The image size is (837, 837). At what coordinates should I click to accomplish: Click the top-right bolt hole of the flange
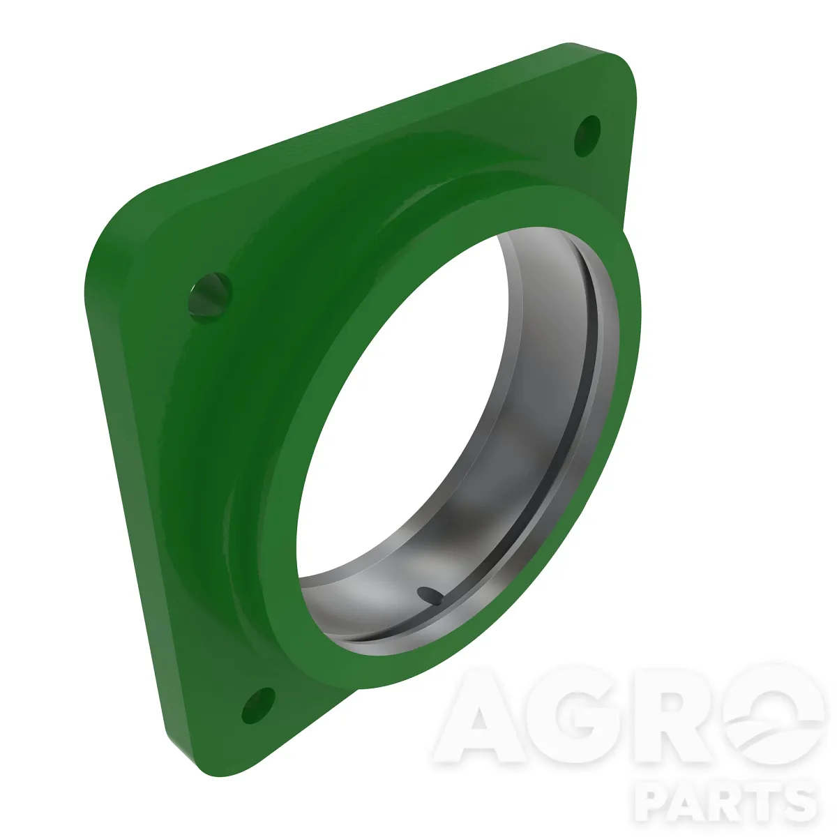click(587, 136)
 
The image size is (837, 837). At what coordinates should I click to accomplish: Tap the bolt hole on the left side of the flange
click(210, 298)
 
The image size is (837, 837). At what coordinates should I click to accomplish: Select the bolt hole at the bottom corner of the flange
click(258, 705)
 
